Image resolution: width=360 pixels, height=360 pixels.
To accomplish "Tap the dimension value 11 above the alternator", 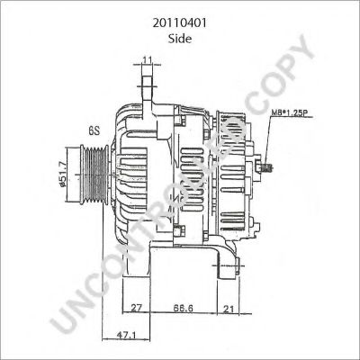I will pos(148,61).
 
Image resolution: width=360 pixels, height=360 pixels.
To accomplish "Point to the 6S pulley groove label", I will pos(93,130).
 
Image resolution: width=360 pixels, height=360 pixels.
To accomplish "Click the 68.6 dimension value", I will pos(185,309).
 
